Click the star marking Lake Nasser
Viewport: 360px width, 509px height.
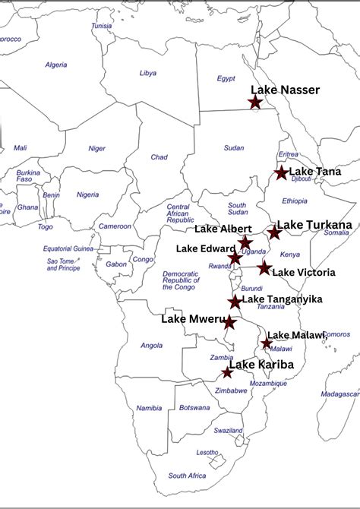point(255,102)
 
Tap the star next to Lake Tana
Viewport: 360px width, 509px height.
point(282,173)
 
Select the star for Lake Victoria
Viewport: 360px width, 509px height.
point(264,267)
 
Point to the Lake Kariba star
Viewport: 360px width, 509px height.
point(227,372)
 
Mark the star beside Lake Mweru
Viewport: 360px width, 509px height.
point(229,323)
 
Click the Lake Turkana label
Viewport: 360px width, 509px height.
point(314,225)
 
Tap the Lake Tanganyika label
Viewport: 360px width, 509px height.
point(282,299)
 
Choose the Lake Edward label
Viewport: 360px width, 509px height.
point(205,248)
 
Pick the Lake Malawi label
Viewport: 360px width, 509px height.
point(297,335)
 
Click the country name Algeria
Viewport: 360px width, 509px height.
point(56,65)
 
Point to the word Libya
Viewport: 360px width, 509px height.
point(148,73)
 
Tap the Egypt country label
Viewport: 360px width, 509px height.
point(226,78)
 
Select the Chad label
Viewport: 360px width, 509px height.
point(159,157)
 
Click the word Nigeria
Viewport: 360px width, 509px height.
point(88,195)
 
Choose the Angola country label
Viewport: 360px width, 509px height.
point(152,346)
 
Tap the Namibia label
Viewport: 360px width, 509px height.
point(149,409)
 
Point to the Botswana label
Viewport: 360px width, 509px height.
point(195,408)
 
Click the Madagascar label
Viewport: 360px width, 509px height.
point(339,394)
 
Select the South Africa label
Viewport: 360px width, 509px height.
point(188,476)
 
